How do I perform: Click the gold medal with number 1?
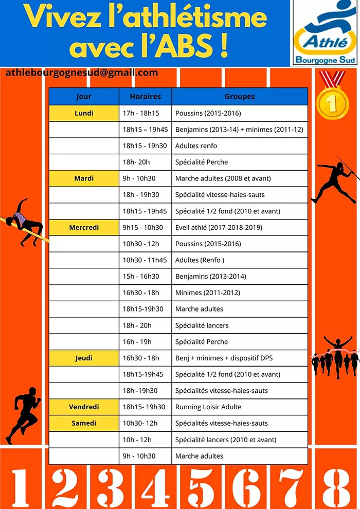point(333,101)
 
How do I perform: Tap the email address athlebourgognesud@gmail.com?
point(82,72)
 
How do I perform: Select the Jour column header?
point(84,96)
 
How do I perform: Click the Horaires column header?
point(145,96)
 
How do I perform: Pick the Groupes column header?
point(240,96)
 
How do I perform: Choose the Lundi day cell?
point(84,113)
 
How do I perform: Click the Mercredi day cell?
point(84,227)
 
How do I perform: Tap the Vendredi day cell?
point(84,407)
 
